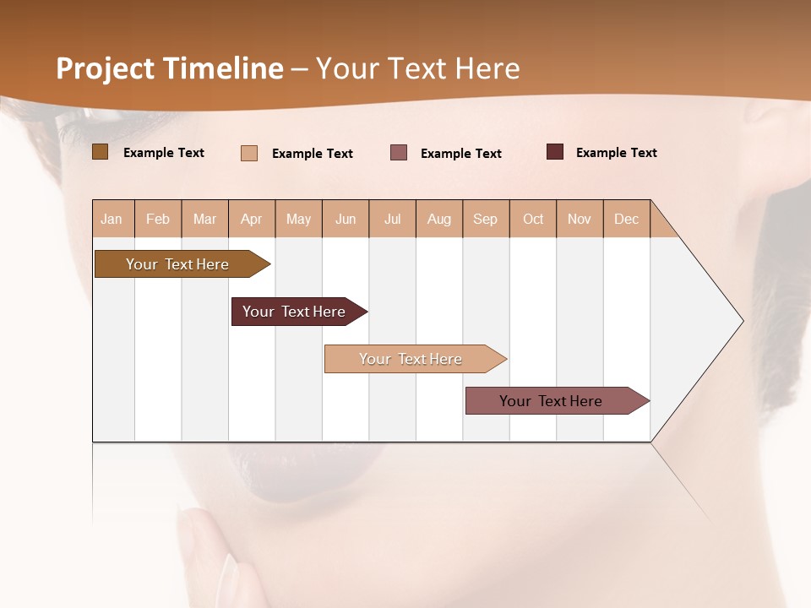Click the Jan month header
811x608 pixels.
click(x=112, y=220)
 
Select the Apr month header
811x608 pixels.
click(x=252, y=220)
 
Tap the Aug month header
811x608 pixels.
click(x=439, y=220)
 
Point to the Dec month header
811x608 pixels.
click(x=627, y=220)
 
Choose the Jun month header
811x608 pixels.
click(x=346, y=220)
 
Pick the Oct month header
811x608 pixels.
click(x=533, y=220)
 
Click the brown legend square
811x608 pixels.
click(x=100, y=152)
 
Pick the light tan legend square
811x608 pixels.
click(x=249, y=153)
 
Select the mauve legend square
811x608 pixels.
click(x=399, y=153)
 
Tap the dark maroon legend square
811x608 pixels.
click(x=555, y=152)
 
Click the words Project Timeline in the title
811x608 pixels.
click(x=169, y=68)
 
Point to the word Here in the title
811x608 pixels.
click(x=487, y=68)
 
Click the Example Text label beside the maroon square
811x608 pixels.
click(x=616, y=153)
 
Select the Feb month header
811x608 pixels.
click(x=158, y=220)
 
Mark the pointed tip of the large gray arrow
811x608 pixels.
click(x=742, y=321)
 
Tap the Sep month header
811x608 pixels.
click(x=486, y=220)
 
